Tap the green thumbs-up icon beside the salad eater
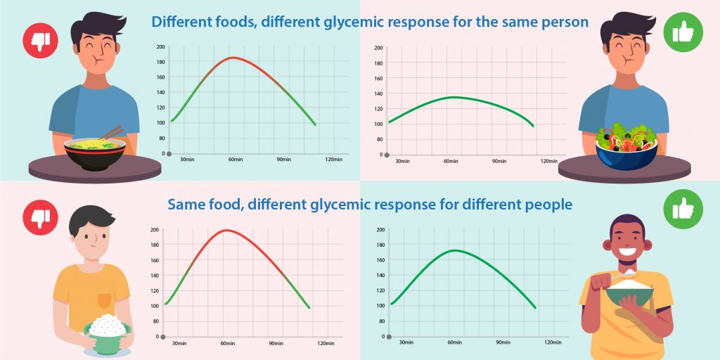click(682, 32)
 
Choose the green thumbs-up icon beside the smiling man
click(682, 210)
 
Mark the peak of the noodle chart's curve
click(233, 58)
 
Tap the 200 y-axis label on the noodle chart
click(160, 47)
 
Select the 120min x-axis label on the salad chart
click(548, 162)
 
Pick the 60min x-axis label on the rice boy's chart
click(227, 343)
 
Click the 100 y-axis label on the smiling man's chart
click(380, 305)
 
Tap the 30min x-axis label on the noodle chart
click(187, 160)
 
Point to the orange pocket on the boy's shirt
click(104, 300)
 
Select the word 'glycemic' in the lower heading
click(342, 205)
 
